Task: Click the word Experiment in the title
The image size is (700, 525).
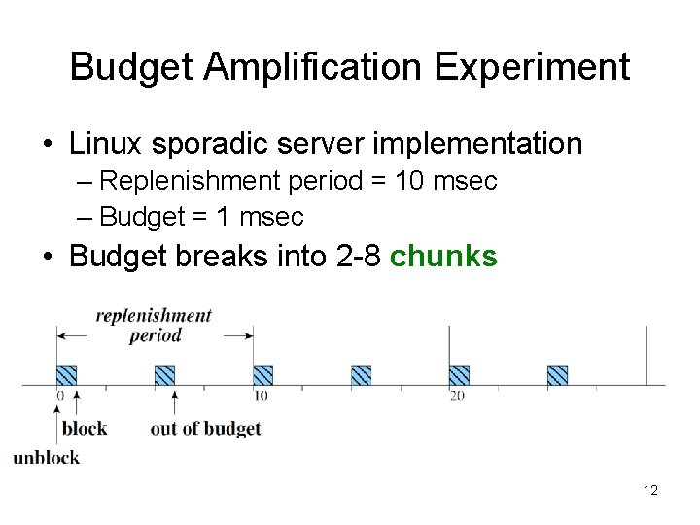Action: (532, 68)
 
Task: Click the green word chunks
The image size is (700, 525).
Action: (443, 257)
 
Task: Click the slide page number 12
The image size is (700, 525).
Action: (650, 491)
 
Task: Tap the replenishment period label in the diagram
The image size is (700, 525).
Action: (155, 325)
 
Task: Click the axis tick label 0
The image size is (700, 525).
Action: (59, 396)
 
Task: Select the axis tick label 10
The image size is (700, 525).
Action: (261, 396)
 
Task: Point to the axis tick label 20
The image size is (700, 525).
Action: (457, 396)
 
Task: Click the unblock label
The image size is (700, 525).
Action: (46, 458)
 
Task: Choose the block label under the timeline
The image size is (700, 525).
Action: (85, 429)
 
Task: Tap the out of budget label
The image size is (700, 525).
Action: (205, 429)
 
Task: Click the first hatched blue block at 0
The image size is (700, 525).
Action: (66, 375)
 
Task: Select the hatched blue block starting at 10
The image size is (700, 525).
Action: (262, 375)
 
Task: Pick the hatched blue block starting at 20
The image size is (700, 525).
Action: (459, 375)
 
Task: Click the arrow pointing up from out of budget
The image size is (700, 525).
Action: (174, 403)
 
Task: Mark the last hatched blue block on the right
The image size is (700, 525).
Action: (557, 375)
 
